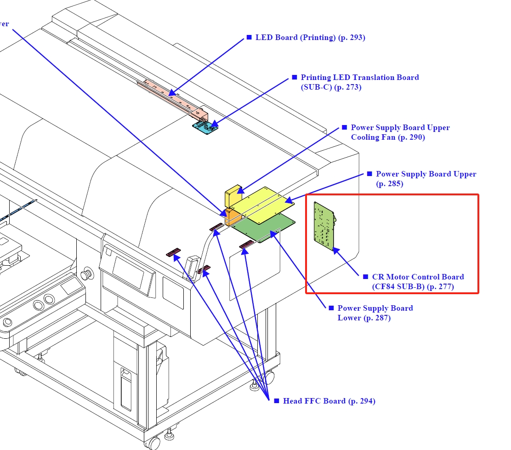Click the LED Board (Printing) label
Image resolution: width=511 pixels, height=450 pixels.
coord(310,38)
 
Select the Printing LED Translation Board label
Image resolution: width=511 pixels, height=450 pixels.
coord(359,78)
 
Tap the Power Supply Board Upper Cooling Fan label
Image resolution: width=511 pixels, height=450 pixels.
coord(400,132)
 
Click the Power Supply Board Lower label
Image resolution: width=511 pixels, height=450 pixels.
coord(375,313)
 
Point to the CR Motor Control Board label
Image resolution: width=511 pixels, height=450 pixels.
coord(417,282)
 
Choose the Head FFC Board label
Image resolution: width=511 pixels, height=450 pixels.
coord(329,401)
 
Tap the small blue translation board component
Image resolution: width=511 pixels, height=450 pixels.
coord(205,127)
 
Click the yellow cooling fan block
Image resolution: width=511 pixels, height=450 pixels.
coord(232,196)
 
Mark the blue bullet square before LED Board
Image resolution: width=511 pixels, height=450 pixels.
coord(250,37)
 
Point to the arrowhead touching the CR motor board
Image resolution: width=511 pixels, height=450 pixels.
coord(336,251)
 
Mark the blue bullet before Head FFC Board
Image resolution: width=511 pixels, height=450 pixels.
coord(277,401)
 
